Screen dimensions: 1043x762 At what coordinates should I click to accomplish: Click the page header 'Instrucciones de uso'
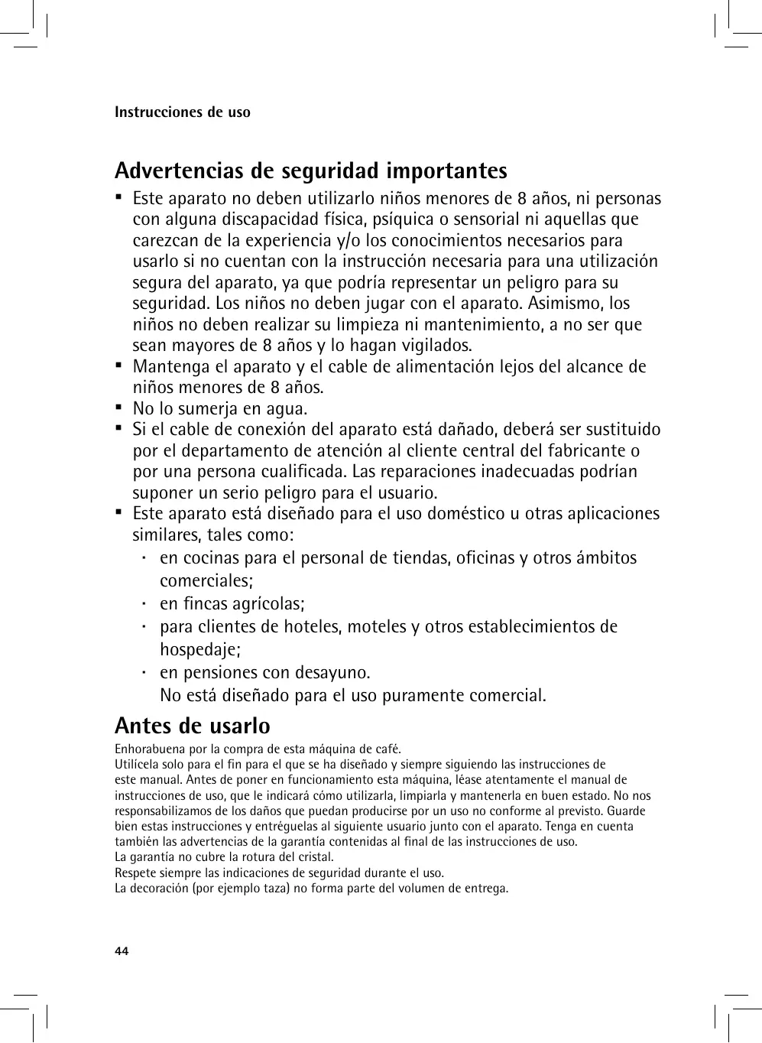coord(182,112)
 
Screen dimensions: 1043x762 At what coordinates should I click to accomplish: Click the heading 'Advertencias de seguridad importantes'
coord(310,171)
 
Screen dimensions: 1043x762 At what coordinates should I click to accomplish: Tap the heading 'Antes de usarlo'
coord(192,725)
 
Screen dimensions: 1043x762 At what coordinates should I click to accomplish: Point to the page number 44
coord(122,951)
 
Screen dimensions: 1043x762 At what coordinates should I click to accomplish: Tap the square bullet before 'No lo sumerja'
coord(119,407)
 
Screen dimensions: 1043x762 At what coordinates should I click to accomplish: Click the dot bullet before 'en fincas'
coord(143,603)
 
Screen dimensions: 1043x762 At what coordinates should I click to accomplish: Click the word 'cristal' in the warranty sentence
coord(315,857)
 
